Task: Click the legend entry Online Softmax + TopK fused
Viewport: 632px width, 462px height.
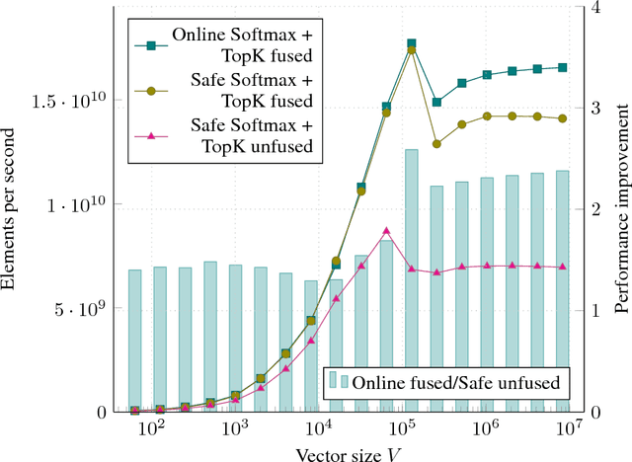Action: tap(242, 42)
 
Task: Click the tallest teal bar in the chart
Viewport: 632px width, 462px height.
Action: tap(411, 280)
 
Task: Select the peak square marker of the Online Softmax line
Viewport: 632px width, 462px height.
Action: tap(411, 44)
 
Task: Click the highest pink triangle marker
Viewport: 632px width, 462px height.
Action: tap(386, 231)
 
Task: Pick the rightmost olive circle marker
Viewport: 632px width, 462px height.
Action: tap(562, 118)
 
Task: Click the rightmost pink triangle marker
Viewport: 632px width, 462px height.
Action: tap(562, 267)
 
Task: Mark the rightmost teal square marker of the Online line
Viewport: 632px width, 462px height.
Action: tap(562, 67)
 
